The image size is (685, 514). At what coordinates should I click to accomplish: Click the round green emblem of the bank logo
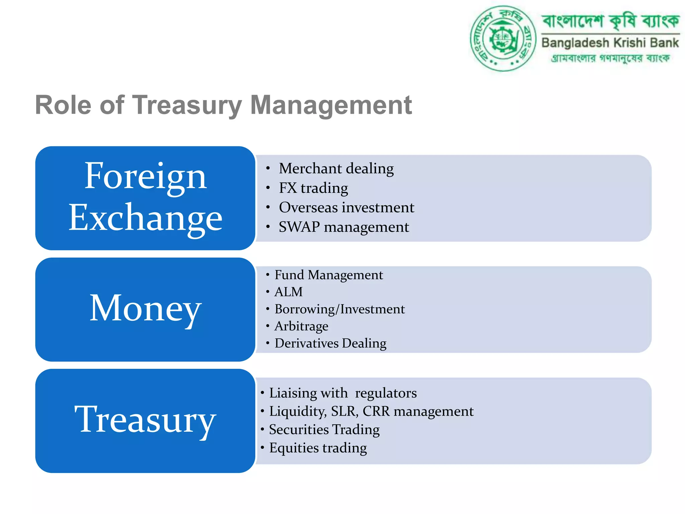pyautogui.click(x=503, y=38)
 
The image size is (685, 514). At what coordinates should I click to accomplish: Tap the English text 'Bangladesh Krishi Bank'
pyautogui.click(x=610, y=43)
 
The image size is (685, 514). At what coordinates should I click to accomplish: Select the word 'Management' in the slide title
pyautogui.click(x=331, y=105)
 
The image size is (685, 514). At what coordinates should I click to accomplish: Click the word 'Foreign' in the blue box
pyautogui.click(x=145, y=177)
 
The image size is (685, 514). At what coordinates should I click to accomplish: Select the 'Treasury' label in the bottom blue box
pyautogui.click(x=145, y=420)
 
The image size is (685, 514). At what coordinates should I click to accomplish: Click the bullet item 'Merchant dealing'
pyautogui.click(x=336, y=168)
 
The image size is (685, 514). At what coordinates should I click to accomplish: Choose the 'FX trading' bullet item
pyautogui.click(x=313, y=188)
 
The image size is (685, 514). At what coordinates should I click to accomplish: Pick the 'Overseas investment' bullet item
pyautogui.click(x=347, y=207)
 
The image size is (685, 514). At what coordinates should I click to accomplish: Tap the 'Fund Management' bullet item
pyautogui.click(x=328, y=275)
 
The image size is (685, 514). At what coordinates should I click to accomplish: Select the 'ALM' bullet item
pyautogui.click(x=288, y=292)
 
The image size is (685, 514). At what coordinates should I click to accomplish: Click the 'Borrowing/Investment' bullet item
pyautogui.click(x=339, y=309)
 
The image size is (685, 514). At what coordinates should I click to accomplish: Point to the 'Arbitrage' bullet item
pyautogui.click(x=301, y=326)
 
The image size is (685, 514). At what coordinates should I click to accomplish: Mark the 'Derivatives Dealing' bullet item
pyautogui.click(x=330, y=343)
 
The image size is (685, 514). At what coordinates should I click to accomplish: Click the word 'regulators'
pyautogui.click(x=386, y=393)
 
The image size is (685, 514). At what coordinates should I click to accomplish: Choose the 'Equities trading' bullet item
pyautogui.click(x=318, y=448)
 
